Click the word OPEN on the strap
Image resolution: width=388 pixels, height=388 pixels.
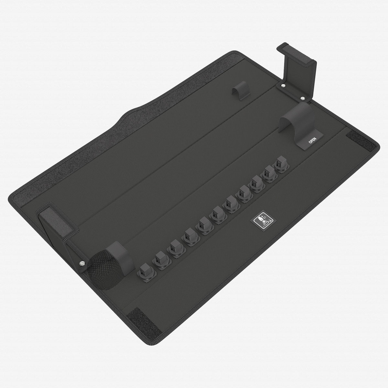point(312,140)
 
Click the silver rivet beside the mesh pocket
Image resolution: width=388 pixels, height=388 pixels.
point(82,263)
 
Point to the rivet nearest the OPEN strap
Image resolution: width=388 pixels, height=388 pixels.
point(302,98)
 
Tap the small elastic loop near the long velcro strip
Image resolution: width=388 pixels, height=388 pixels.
point(241,91)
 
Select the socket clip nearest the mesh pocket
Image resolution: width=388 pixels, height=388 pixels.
point(146,272)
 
